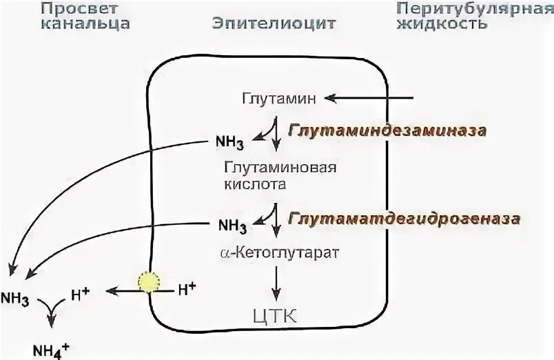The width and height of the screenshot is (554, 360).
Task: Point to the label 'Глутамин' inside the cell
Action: click(x=279, y=99)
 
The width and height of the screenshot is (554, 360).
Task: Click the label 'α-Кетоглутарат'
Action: click(x=279, y=253)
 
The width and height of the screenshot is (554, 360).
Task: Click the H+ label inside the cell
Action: click(x=187, y=290)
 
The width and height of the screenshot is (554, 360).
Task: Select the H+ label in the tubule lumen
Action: click(x=80, y=295)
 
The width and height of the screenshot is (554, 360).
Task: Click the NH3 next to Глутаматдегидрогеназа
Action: click(x=231, y=225)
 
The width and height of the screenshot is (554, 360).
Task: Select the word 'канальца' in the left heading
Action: click(x=85, y=24)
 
